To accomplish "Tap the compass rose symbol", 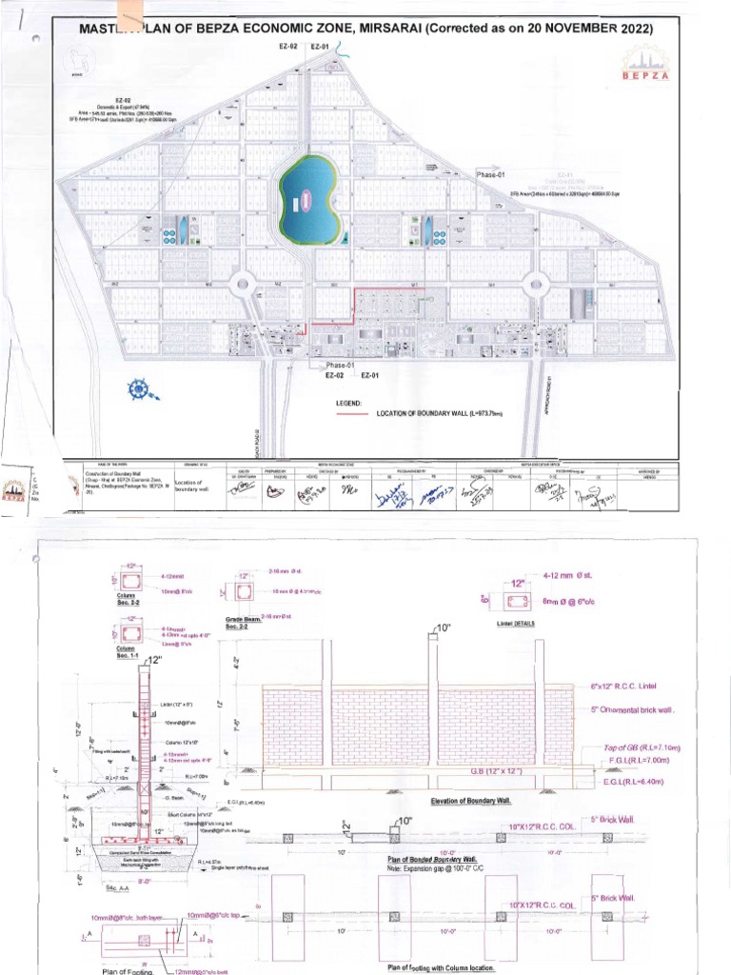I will click(142, 389).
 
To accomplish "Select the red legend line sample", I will click(351, 414).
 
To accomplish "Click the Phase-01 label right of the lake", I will click(491, 175).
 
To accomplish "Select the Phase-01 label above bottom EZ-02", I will click(340, 366).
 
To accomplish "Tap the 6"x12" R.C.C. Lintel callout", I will click(625, 686).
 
